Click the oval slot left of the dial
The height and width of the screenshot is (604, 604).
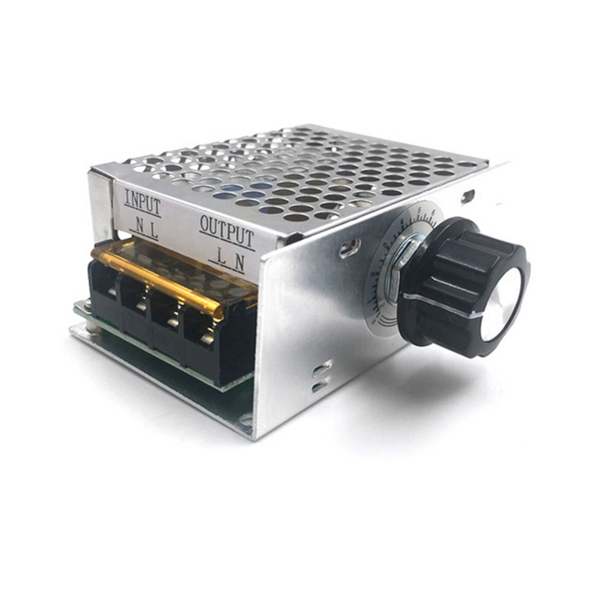[348, 246]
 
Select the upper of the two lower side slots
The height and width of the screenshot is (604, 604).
[321, 368]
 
